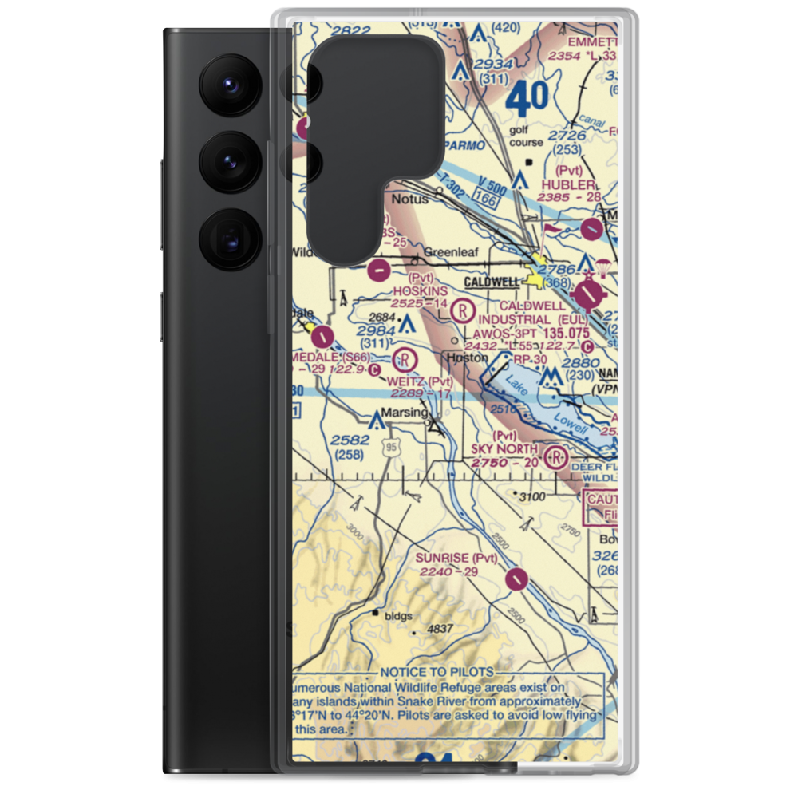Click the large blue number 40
coord(527,100)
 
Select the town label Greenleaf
coord(451,253)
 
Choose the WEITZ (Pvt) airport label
coord(420,381)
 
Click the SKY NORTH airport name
coord(504,449)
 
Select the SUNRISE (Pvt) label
coord(456,557)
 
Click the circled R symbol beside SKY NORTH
coord(555,458)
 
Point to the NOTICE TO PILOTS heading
coord(437,673)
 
